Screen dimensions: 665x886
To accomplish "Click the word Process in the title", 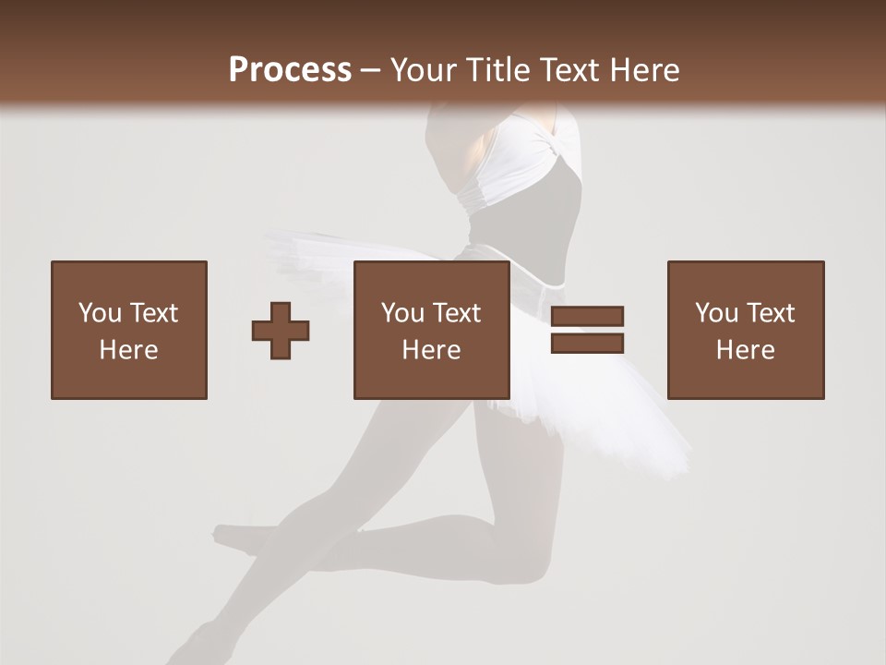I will (x=290, y=69).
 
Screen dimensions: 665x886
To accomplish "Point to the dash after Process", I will (x=371, y=70).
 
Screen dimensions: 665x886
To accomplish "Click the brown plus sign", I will (x=281, y=330).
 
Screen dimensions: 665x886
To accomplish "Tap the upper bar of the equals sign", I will (x=587, y=316).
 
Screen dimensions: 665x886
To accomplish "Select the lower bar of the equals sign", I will (x=587, y=343).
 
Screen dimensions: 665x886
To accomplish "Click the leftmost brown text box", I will (x=129, y=330).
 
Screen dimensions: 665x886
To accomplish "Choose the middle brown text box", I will (x=432, y=330).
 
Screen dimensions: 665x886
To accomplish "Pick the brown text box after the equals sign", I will (x=746, y=330).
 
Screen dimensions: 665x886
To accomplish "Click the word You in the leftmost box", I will (x=100, y=312).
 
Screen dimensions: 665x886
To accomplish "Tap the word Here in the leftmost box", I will (x=129, y=349).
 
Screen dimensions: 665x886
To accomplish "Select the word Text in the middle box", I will (x=456, y=312).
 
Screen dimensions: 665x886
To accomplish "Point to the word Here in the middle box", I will (x=432, y=349).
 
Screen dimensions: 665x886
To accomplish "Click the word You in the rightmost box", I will (x=716, y=312).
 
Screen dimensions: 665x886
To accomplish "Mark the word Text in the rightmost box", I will (x=770, y=312).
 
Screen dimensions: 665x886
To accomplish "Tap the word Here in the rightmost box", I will (x=746, y=349).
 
